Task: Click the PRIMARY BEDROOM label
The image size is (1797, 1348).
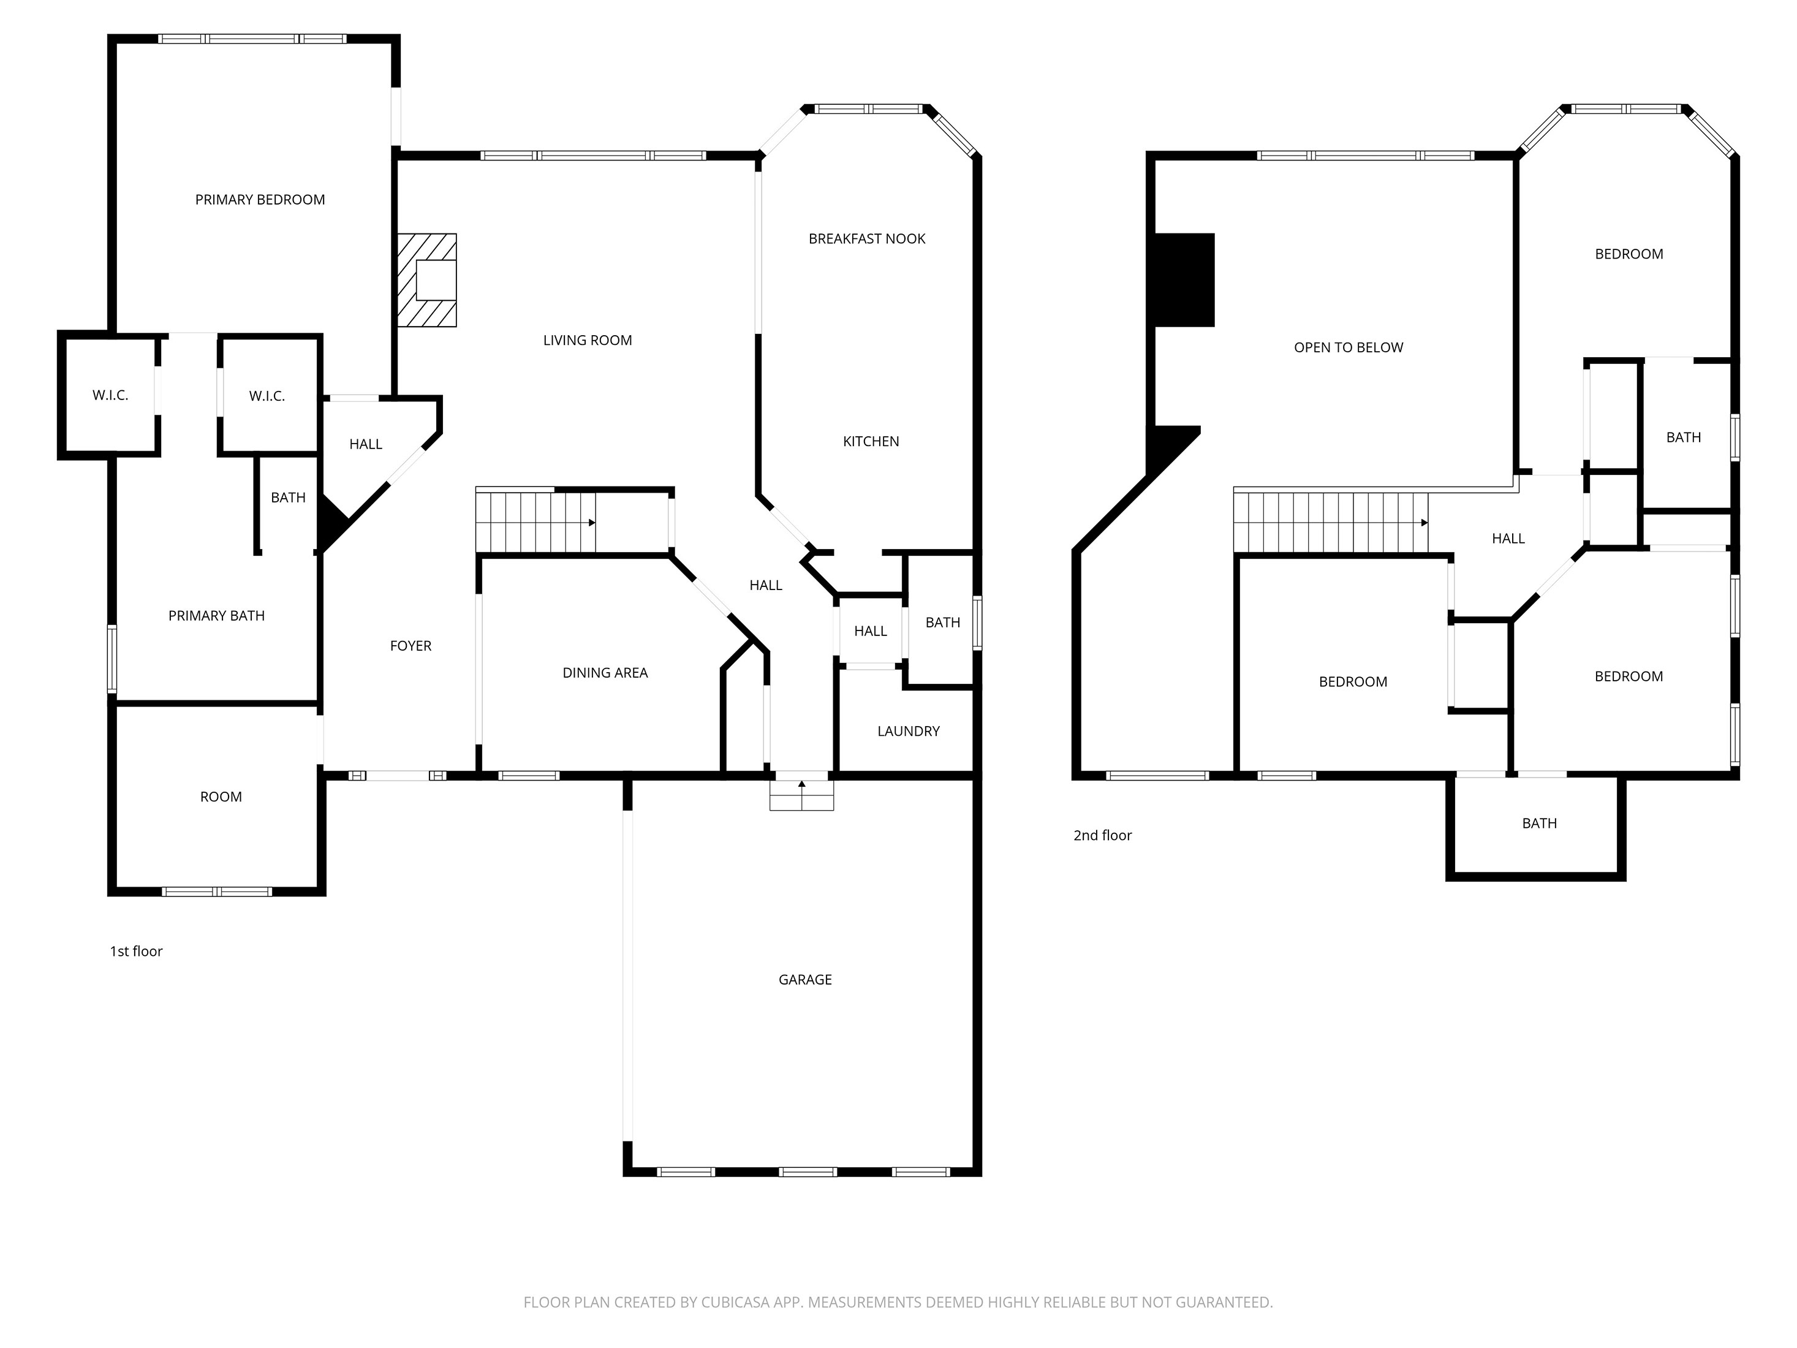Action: pyautogui.click(x=260, y=200)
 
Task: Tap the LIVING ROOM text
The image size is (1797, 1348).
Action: pyautogui.click(x=588, y=341)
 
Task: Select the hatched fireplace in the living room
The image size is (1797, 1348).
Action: pyautogui.click(x=426, y=281)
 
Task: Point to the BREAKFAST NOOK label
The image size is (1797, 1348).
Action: pyautogui.click(x=867, y=239)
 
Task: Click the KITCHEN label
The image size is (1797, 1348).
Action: pyautogui.click(x=871, y=442)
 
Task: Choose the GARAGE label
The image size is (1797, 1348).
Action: pyautogui.click(x=805, y=980)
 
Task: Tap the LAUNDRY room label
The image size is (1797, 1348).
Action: pyautogui.click(x=908, y=731)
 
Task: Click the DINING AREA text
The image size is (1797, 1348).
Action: pyautogui.click(x=605, y=673)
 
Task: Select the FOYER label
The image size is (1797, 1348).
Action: pyautogui.click(x=411, y=646)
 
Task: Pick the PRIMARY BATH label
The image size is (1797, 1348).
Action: pyautogui.click(x=217, y=616)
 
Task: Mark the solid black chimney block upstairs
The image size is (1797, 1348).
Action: pyautogui.click(x=1184, y=281)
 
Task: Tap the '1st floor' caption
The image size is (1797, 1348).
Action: pyautogui.click(x=137, y=952)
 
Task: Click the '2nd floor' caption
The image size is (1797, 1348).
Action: pyautogui.click(x=1102, y=835)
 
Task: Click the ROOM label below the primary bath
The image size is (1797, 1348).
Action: pyautogui.click(x=221, y=797)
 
